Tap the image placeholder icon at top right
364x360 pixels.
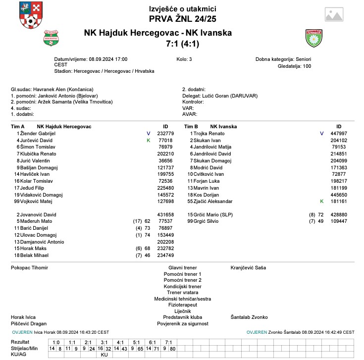(335, 14)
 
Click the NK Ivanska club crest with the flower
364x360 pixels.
(313, 37)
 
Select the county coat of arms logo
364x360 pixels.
(31, 15)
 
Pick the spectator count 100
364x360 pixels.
(307, 66)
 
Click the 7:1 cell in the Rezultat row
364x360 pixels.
(168, 343)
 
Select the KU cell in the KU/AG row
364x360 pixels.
(104, 355)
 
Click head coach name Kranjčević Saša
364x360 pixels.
(248, 268)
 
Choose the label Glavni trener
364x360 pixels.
(182, 268)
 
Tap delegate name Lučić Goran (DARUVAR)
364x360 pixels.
(229, 96)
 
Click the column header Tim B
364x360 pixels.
(191, 127)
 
